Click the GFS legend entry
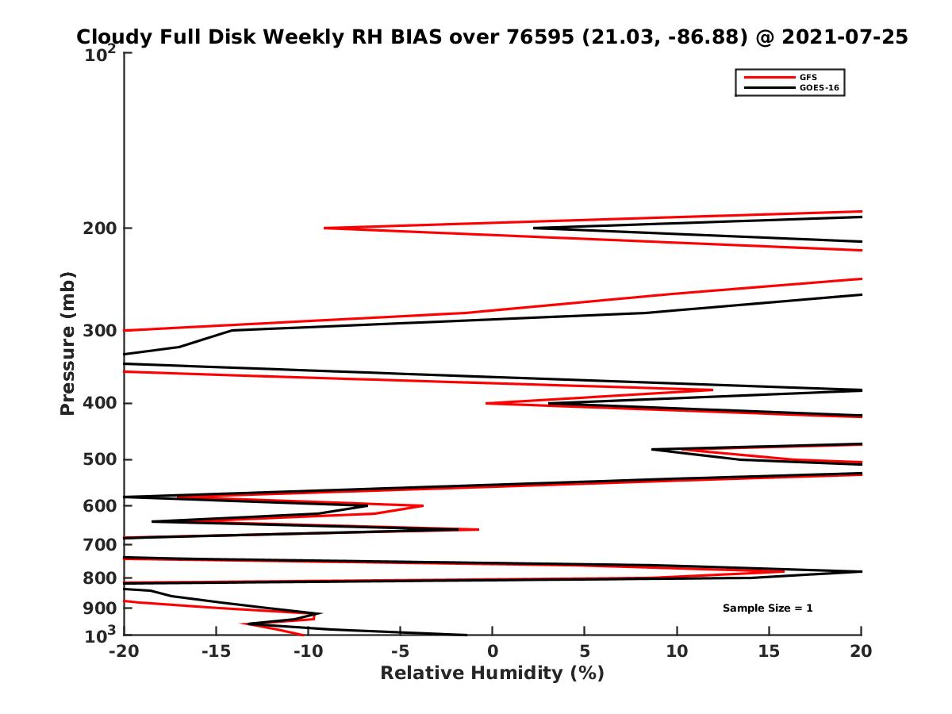pyautogui.click(x=809, y=77)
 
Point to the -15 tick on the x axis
pyautogui.click(x=216, y=651)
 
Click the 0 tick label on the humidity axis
pyautogui.click(x=493, y=651)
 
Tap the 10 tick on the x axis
pyautogui.click(x=677, y=651)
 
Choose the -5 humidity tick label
pyautogui.click(x=401, y=651)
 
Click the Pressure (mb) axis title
pyautogui.click(x=67, y=344)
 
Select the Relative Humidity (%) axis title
pyautogui.click(x=492, y=674)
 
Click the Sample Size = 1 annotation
pyautogui.click(x=767, y=608)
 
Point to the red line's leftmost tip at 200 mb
pyautogui.click(x=324, y=228)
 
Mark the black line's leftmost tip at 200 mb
pyautogui.click(x=534, y=228)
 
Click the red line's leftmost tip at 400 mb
pyautogui.click(x=486, y=403)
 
